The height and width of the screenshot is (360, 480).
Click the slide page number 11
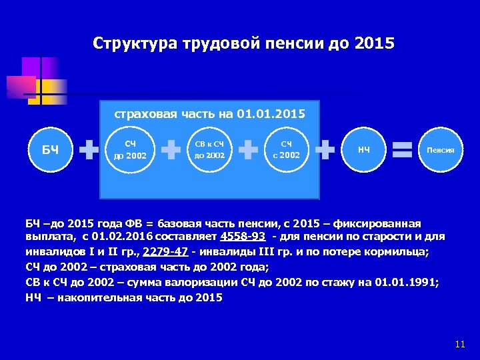coord(459,344)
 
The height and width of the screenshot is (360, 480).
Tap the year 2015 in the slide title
coord(375,44)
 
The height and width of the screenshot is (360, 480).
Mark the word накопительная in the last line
coord(98,297)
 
